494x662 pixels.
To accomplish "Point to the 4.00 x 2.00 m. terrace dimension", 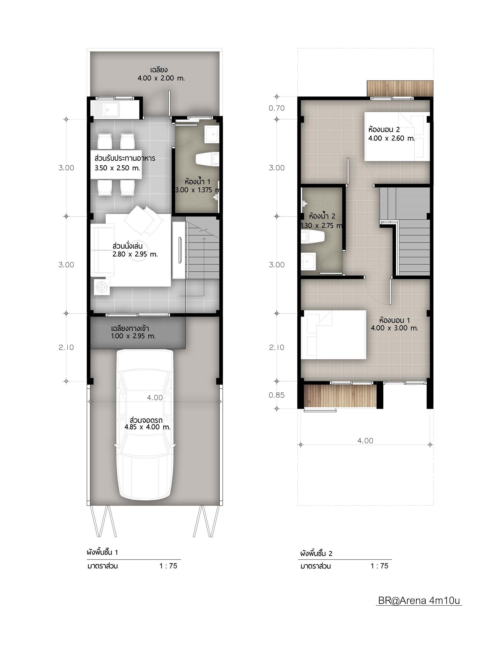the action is [x=161, y=78].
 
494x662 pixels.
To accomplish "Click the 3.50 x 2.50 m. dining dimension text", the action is [x=117, y=168].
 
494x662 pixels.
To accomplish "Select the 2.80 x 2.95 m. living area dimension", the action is [x=135, y=255].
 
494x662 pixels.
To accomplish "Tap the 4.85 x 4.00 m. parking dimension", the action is [x=147, y=427].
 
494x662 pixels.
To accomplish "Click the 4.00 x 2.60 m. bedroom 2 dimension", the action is [x=392, y=138].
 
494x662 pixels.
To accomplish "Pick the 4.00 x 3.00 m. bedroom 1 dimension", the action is [x=394, y=328].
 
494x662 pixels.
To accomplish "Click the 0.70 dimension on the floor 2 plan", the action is [x=277, y=108].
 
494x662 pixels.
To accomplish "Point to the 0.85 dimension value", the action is [x=277, y=395].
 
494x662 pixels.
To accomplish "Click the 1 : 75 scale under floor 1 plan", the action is [x=168, y=566].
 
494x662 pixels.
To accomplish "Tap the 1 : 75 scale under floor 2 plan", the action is [x=379, y=566].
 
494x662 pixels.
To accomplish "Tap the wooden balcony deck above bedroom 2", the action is [x=400, y=88].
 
